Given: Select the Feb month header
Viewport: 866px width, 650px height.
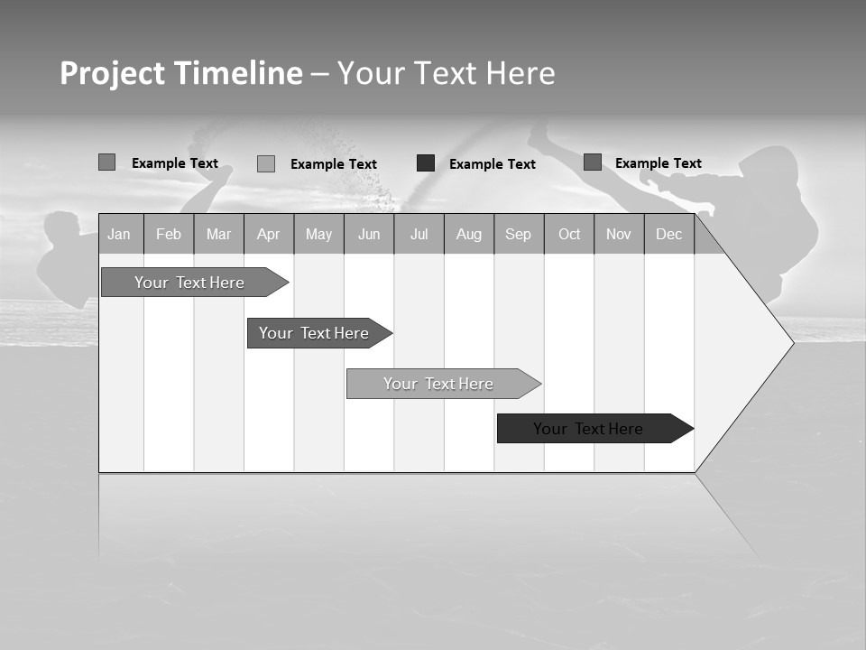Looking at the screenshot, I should coord(169,234).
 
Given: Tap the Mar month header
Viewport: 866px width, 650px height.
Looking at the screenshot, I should coord(218,234).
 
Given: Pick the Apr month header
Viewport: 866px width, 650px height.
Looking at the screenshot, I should coord(269,234).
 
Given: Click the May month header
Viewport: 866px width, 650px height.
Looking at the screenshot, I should coord(318,234).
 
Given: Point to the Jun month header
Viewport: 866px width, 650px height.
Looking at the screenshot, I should coord(369,234).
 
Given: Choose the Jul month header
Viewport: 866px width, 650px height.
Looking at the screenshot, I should coord(419,234).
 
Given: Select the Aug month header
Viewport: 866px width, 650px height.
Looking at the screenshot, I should coord(469,234).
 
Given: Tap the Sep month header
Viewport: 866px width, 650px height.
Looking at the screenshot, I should coord(519,234).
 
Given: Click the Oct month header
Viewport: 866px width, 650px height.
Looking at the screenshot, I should coord(569,234).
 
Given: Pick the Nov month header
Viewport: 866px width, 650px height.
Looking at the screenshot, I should coord(619,234).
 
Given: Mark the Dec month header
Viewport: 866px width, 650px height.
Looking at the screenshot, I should coord(669,234).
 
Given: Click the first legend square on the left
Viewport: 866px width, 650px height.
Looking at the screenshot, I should coord(106,162).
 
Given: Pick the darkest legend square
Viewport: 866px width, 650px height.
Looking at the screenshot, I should coord(426,163).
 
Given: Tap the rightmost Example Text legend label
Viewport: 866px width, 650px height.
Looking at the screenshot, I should coord(658,163).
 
